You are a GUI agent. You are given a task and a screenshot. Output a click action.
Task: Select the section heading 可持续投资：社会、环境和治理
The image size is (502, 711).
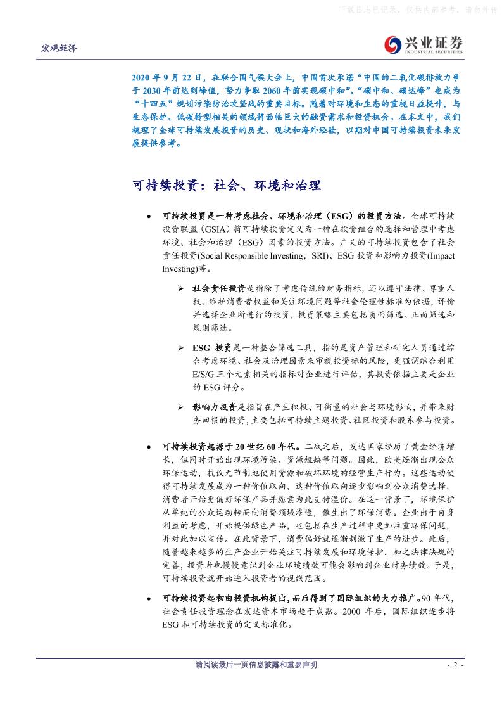pos(227,186)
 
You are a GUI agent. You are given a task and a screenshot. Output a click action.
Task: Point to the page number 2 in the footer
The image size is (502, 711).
pos(456,665)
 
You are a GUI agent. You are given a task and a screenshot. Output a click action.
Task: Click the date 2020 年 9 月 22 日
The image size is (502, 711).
pos(165,76)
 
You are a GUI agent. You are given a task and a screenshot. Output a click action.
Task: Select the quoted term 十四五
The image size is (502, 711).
pos(158,104)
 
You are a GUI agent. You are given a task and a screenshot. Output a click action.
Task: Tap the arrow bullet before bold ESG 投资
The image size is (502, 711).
pos(180,349)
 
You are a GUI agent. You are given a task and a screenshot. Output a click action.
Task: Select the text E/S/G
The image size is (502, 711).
pos(204,375)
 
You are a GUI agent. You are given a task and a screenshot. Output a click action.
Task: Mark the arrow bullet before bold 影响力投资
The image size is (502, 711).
pos(180,406)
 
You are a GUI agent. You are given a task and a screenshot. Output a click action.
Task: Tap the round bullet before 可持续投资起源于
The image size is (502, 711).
pos(149,447)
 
